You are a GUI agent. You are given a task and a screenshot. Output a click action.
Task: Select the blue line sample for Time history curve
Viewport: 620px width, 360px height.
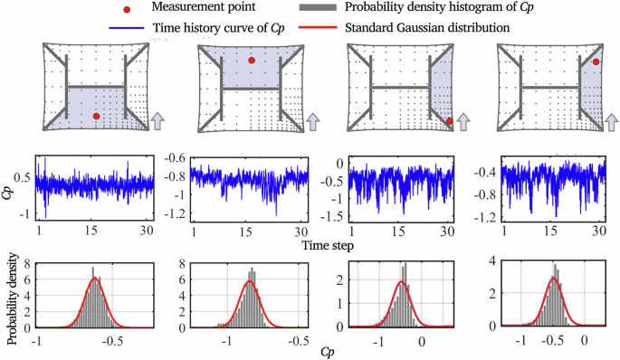pyautogui.click(x=123, y=28)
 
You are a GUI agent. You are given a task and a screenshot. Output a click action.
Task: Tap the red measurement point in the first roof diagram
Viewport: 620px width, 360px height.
pyautogui.click(x=96, y=116)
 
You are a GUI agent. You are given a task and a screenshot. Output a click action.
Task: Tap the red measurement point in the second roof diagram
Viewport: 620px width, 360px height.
pyautogui.click(x=252, y=61)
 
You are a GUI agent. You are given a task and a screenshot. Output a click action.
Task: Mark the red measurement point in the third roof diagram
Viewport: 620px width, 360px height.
pyautogui.click(x=449, y=120)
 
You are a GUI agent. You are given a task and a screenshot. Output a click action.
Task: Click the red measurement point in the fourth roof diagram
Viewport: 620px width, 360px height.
pyautogui.click(x=597, y=62)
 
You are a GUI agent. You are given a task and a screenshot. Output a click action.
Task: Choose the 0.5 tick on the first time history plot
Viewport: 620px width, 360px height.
pyautogui.click(x=25, y=177)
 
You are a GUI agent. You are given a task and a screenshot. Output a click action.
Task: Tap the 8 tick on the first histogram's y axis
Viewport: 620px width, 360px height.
pyautogui.click(x=29, y=264)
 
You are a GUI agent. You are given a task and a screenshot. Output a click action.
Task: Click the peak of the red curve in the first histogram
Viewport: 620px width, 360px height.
pyautogui.click(x=94, y=278)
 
